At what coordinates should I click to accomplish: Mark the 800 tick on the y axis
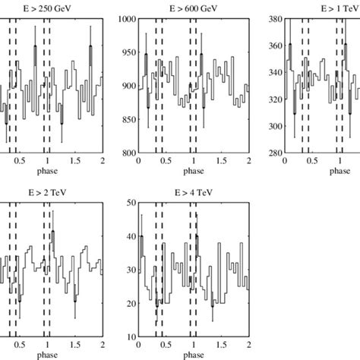[128, 153]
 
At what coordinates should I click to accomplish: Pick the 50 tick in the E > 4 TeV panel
[131, 203]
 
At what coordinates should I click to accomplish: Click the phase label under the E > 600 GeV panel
[193, 171]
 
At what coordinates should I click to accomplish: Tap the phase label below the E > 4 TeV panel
[193, 354]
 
